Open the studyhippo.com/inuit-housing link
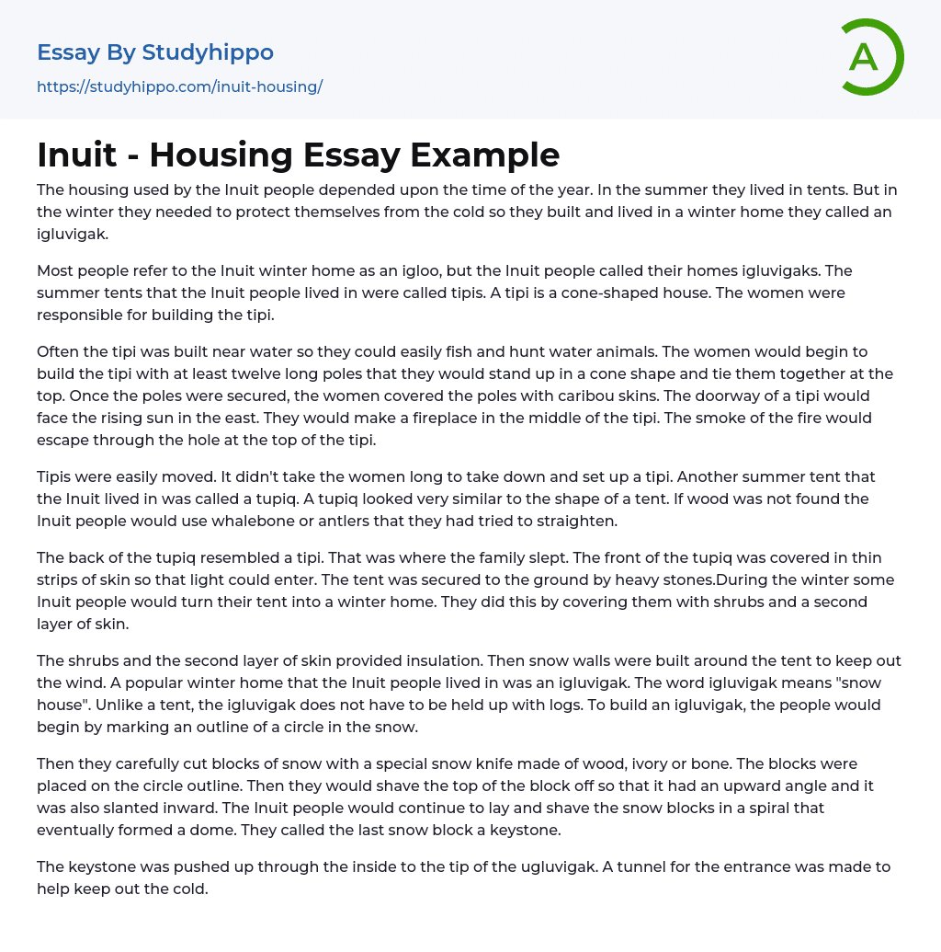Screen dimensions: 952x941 (x=180, y=86)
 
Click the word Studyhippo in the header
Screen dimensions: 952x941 (x=208, y=52)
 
